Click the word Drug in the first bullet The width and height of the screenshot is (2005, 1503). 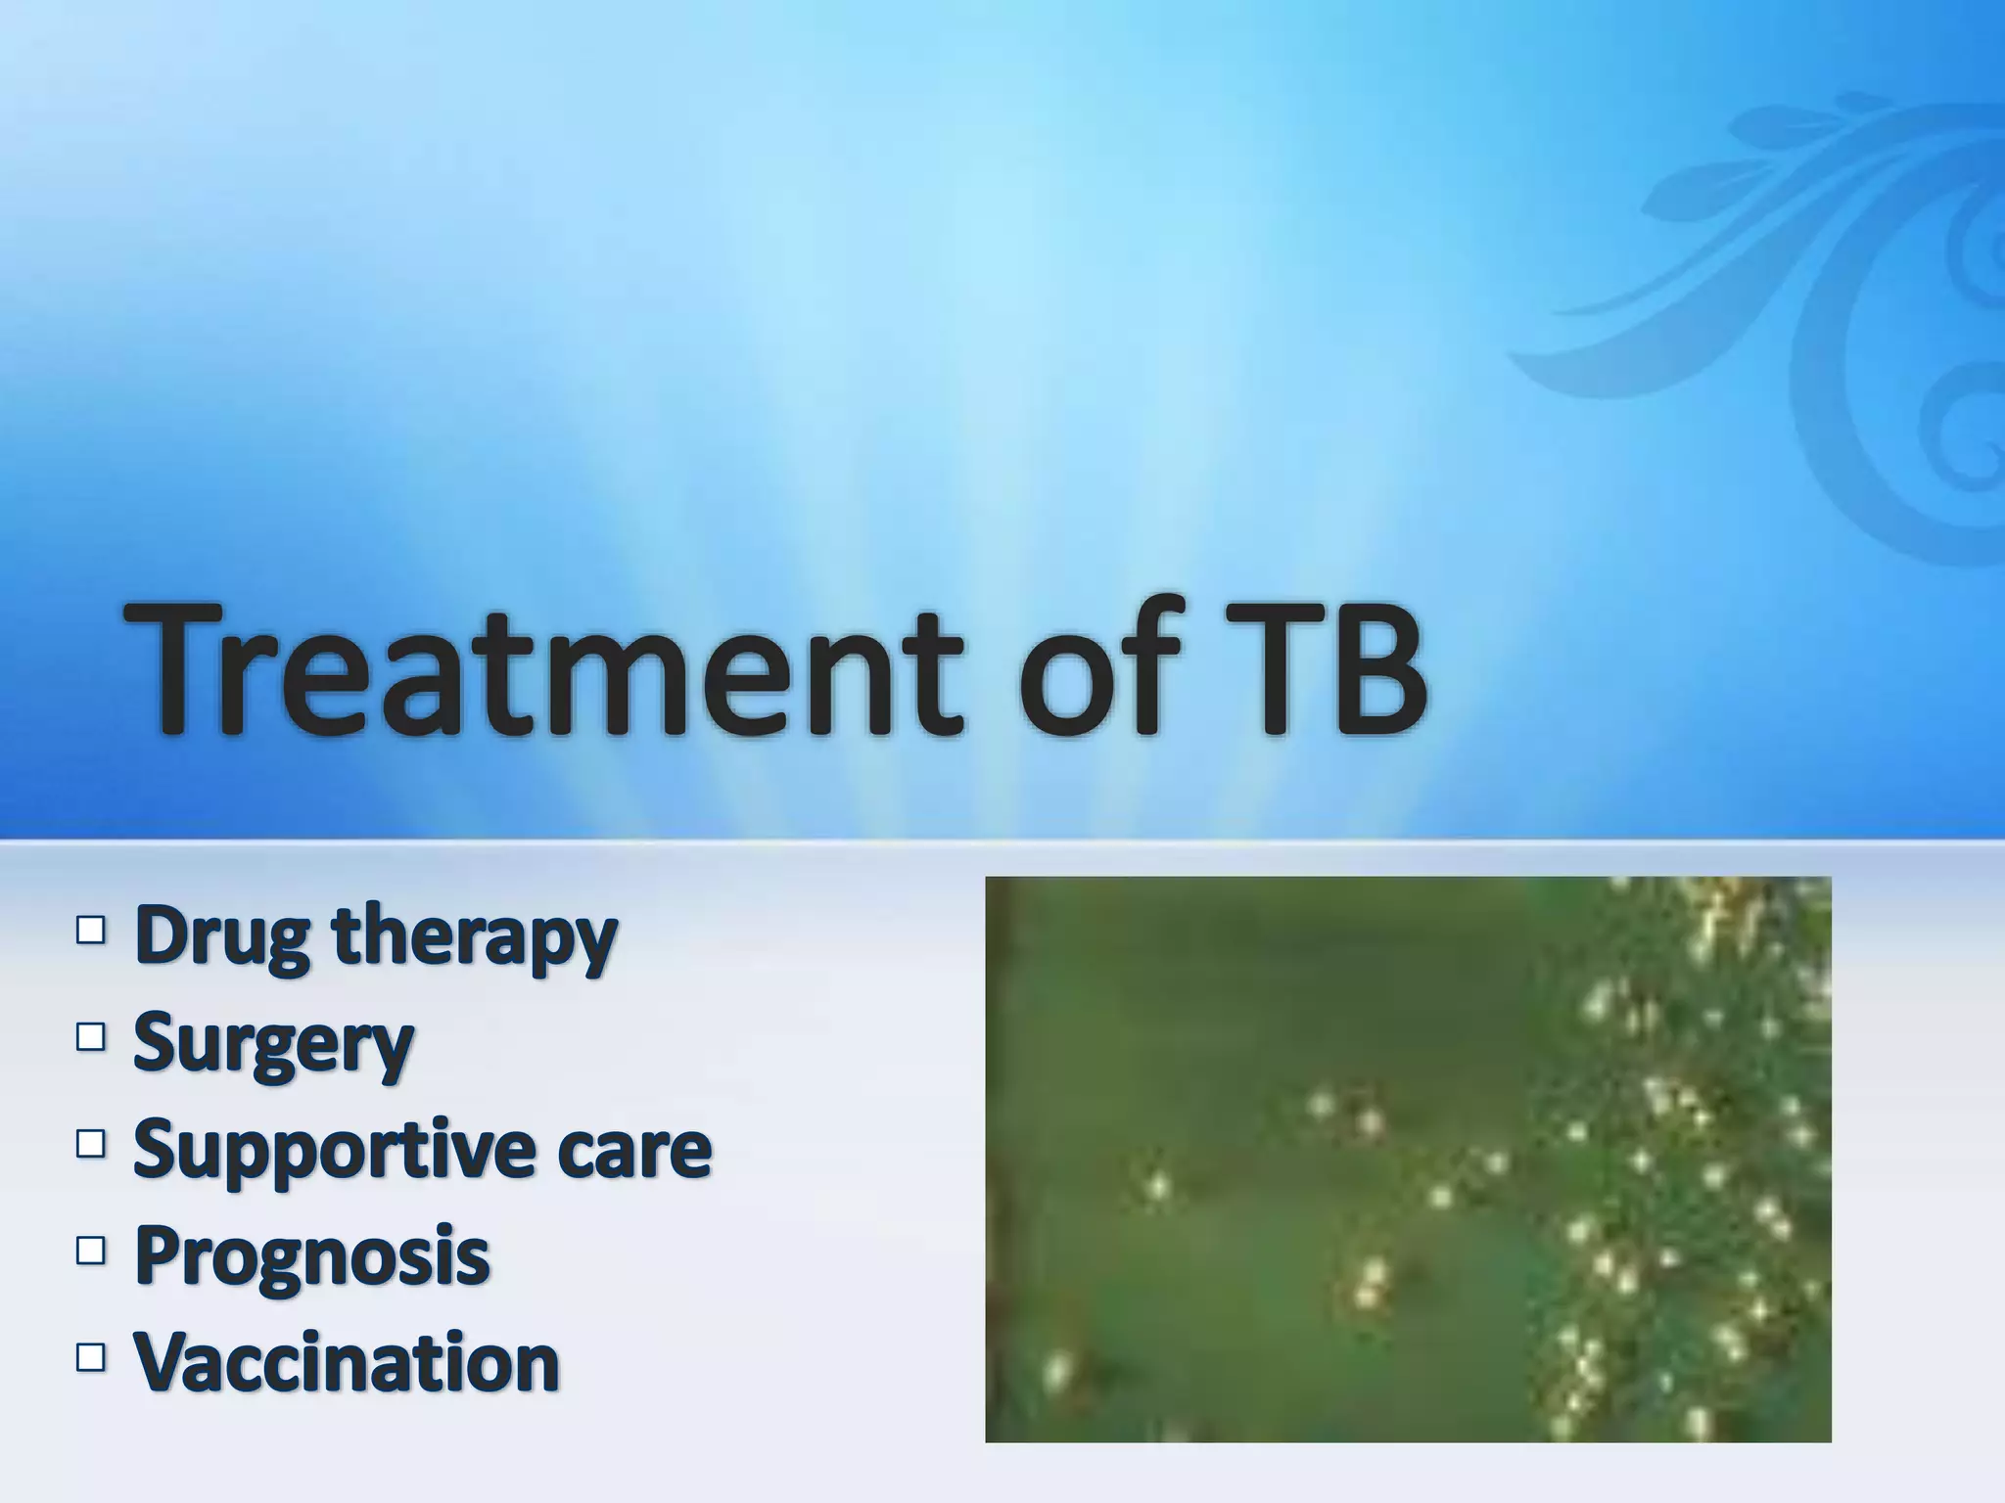coord(224,937)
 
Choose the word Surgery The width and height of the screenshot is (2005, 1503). coord(273,1045)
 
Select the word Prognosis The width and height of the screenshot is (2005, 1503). coord(311,1256)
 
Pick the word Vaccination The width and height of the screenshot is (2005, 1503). coord(347,1361)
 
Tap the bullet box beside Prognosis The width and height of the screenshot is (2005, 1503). coord(89,1250)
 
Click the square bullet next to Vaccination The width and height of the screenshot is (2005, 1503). coord(89,1356)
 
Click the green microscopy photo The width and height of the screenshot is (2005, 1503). coord(1407,1159)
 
